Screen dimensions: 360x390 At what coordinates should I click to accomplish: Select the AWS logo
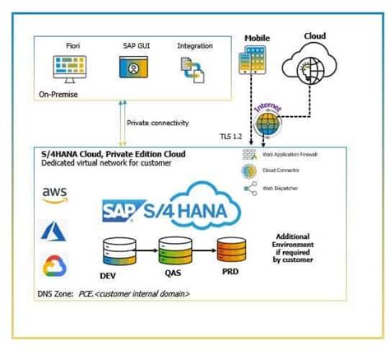tap(54, 194)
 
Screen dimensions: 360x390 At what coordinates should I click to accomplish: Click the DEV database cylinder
tap(114, 250)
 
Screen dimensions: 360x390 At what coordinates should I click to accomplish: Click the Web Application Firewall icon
tap(249, 155)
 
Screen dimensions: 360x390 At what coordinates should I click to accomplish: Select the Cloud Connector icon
tap(249, 171)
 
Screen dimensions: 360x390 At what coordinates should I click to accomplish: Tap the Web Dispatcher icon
tap(249, 189)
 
